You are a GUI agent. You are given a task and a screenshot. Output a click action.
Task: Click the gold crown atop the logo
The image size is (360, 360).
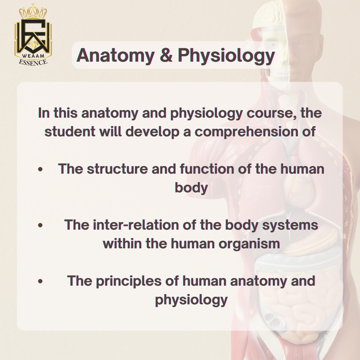(x=33, y=11)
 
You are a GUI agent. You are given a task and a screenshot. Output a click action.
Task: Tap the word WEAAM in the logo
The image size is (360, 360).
(x=33, y=56)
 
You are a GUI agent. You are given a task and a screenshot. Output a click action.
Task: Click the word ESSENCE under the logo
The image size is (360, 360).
(x=33, y=62)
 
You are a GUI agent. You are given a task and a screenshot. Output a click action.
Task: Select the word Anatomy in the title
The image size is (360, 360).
(x=115, y=56)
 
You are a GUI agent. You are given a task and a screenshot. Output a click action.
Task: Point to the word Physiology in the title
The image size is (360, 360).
(x=226, y=56)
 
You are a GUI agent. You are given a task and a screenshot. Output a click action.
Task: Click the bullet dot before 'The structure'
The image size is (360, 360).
(x=40, y=169)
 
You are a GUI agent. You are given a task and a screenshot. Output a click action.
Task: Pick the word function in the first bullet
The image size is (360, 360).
(x=207, y=169)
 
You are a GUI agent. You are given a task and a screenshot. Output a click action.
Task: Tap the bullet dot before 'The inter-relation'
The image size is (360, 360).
(x=40, y=225)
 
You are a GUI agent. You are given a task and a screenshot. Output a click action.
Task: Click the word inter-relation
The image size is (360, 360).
(x=136, y=225)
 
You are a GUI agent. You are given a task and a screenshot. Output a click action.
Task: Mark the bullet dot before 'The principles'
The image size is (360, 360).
(x=40, y=281)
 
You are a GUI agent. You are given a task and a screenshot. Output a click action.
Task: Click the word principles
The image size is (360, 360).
(x=129, y=282)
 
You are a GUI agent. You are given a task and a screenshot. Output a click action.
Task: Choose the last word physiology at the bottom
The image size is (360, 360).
(x=191, y=300)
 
